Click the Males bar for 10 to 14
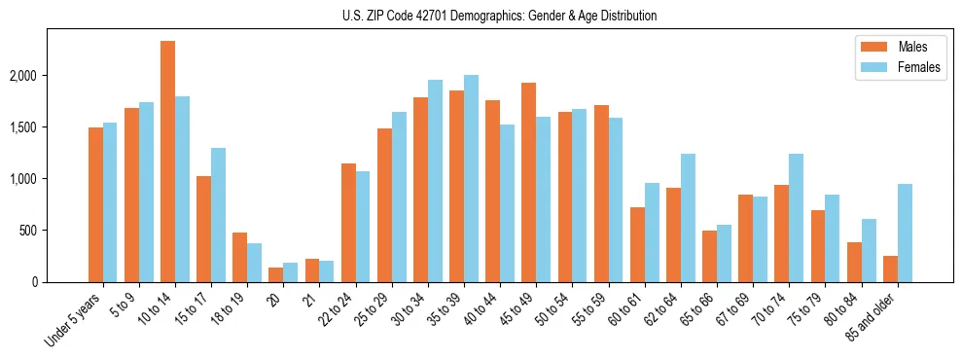tap(167, 162)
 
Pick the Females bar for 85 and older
tap(905, 233)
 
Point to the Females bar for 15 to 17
tap(218, 215)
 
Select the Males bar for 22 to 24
tap(348, 223)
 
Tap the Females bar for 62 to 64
tap(688, 218)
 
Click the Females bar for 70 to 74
tap(797, 218)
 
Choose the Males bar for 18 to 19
tap(239, 257)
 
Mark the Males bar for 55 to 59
tap(601, 194)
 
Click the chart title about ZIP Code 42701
tap(499, 16)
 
